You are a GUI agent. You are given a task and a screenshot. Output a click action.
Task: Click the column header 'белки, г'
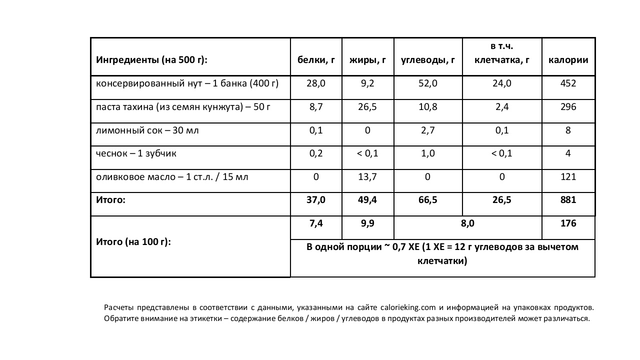click(x=316, y=60)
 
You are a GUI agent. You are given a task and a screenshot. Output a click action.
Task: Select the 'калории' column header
click(x=568, y=60)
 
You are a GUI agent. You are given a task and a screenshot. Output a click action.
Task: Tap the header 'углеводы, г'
click(x=427, y=60)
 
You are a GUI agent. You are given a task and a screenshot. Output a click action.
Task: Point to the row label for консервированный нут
click(x=187, y=83)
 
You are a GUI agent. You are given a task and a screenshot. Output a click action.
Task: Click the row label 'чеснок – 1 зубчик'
click(x=136, y=153)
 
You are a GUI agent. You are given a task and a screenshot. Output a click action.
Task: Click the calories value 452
click(x=568, y=83)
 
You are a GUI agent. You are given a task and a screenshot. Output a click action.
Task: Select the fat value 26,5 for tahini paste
click(x=367, y=107)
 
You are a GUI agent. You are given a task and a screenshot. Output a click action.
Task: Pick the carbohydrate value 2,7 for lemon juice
click(x=427, y=130)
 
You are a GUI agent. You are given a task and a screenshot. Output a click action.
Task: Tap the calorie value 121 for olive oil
click(x=568, y=177)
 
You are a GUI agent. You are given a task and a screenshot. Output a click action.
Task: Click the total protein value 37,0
click(x=316, y=200)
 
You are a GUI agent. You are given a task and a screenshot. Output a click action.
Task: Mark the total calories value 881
click(x=568, y=200)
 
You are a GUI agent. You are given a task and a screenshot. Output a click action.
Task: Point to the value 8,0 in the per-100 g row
click(x=467, y=223)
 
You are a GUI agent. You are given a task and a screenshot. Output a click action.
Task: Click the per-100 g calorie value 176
click(x=568, y=223)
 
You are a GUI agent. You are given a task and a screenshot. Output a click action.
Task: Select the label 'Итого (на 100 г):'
click(x=133, y=242)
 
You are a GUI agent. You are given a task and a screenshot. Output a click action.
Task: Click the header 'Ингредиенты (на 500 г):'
click(x=151, y=60)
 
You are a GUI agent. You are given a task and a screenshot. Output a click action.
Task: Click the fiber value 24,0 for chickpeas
click(x=501, y=83)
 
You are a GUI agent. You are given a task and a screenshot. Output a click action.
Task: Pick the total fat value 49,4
click(x=367, y=200)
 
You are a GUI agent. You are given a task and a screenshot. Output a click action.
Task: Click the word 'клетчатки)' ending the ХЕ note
click(x=442, y=261)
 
